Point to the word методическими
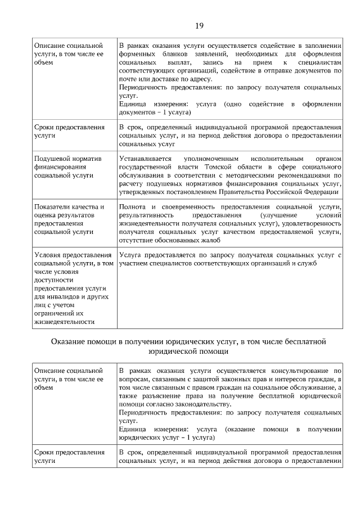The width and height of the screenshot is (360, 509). click(x=246, y=175)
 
